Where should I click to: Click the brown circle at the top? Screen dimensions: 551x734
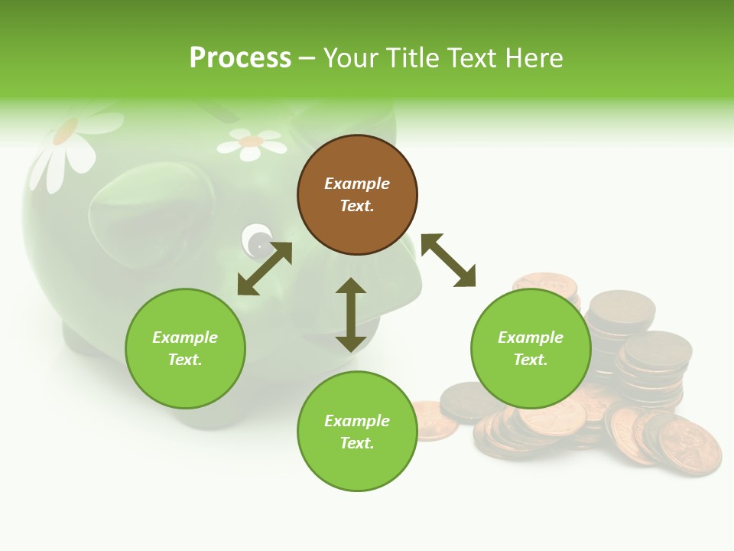(x=357, y=195)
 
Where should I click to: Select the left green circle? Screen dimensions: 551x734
(x=185, y=348)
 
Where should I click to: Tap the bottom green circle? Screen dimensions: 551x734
(x=357, y=432)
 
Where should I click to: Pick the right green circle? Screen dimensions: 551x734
(x=531, y=348)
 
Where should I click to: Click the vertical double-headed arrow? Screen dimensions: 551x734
(x=351, y=315)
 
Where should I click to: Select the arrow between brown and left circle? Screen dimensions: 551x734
(x=265, y=269)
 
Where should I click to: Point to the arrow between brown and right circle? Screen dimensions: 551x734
(x=448, y=260)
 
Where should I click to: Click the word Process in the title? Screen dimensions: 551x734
(x=240, y=57)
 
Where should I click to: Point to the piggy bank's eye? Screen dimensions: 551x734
(x=258, y=243)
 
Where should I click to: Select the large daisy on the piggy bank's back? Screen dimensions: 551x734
(x=73, y=145)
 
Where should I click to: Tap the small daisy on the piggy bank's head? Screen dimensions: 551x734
(x=251, y=143)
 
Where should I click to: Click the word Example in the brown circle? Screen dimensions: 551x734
(x=357, y=184)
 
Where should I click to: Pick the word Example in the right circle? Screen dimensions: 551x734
(x=531, y=337)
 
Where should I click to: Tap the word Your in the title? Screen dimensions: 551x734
(x=350, y=57)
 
